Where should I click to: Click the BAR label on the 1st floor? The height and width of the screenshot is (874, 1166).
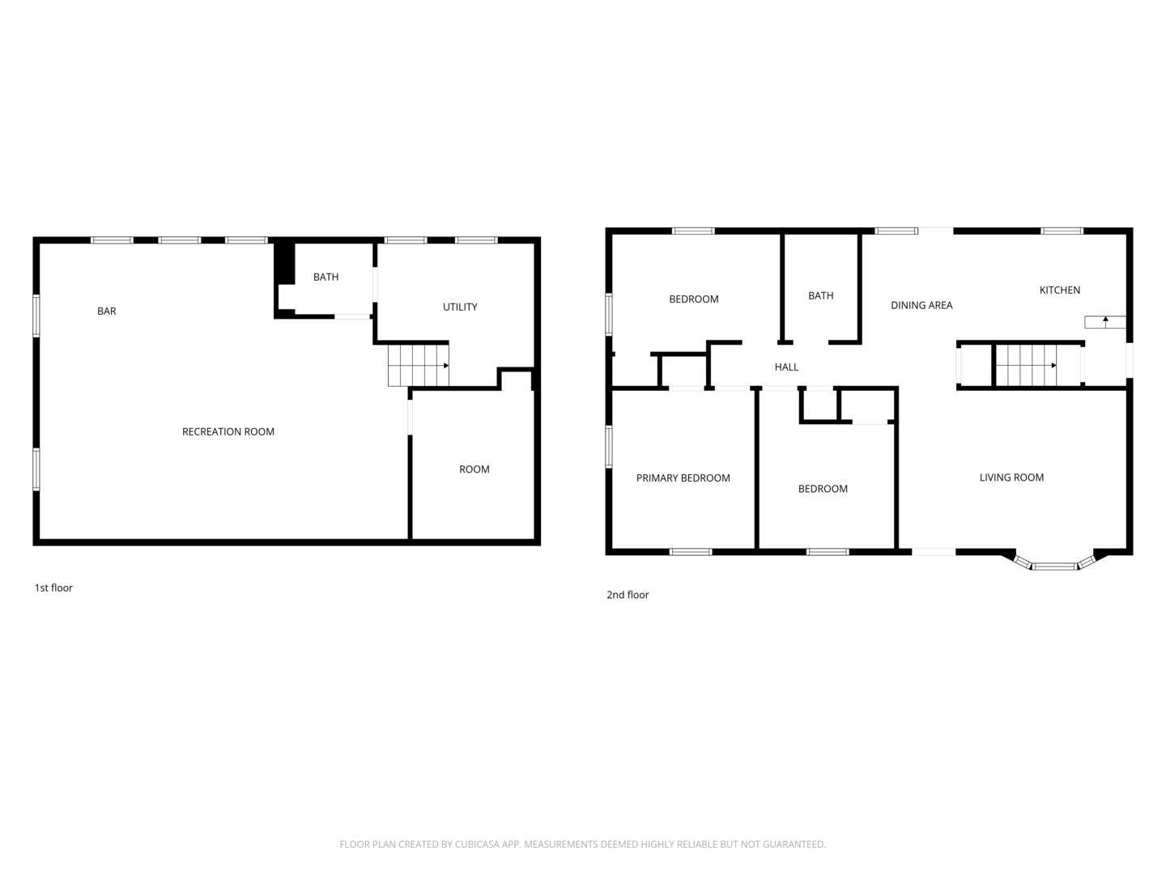tap(106, 311)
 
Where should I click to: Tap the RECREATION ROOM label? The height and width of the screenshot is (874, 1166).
tap(228, 432)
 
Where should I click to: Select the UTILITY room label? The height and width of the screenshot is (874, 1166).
tap(459, 307)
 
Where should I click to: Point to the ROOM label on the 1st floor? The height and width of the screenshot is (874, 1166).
tap(474, 469)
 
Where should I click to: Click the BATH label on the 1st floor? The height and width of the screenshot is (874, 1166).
tap(326, 277)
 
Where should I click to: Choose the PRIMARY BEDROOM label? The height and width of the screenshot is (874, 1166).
tap(683, 478)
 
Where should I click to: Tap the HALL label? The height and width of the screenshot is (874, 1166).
tap(786, 367)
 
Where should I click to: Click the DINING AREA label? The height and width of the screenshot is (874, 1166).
tap(921, 305)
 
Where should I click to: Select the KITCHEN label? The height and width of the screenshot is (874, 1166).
tap(1059, 291)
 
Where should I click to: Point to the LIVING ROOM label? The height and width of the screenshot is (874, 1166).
tap(1011, 477)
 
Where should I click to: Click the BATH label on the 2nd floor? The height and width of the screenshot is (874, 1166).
tap(820, 295)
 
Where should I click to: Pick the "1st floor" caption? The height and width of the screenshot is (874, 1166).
tap(53, 588)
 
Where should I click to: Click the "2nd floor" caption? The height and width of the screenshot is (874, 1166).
tap(628, 595)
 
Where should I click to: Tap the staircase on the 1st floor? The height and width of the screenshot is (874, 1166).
tap(418, 366)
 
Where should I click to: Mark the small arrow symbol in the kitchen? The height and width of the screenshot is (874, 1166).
tap(1105, 321)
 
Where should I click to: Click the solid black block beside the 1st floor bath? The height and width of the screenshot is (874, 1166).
tap(285, 264)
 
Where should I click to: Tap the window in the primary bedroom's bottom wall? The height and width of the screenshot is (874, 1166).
tap(690, 552)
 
